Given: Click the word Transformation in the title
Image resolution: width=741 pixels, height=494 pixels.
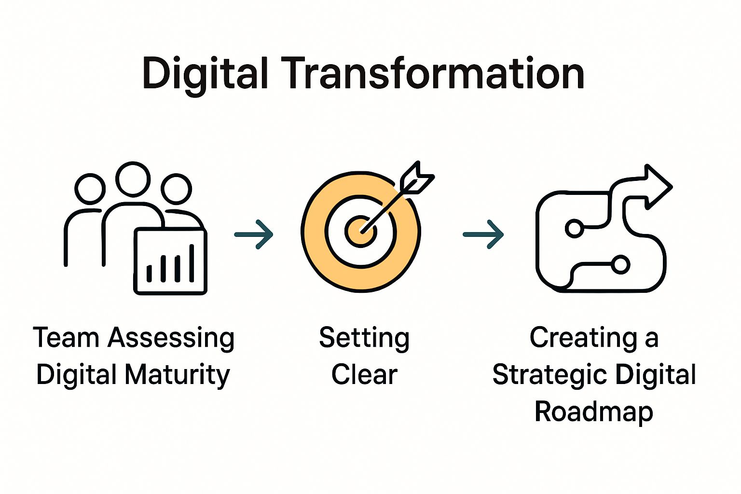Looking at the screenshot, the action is (433, 73).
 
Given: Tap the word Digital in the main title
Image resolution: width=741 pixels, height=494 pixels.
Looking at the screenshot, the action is (205, 76).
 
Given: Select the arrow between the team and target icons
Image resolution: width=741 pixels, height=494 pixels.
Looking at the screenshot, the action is (254, 234).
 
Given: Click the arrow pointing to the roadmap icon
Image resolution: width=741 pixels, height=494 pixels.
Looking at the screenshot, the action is (483, 234).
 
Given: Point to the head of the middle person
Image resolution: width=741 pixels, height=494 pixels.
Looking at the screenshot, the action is (133, 179).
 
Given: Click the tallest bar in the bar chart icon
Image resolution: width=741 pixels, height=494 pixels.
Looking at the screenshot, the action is (192, 263).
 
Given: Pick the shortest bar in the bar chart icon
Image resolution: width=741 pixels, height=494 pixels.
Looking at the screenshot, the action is (149, 274).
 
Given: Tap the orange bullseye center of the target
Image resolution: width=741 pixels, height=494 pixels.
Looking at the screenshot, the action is (360, 231).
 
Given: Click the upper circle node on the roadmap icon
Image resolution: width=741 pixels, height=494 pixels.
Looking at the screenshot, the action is (574, 228).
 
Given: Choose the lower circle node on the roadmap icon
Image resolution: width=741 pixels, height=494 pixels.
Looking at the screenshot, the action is (620, 264).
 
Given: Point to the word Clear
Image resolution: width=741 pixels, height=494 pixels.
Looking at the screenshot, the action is (364, 374).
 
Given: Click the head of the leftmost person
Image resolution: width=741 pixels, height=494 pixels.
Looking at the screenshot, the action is (90, 189).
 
